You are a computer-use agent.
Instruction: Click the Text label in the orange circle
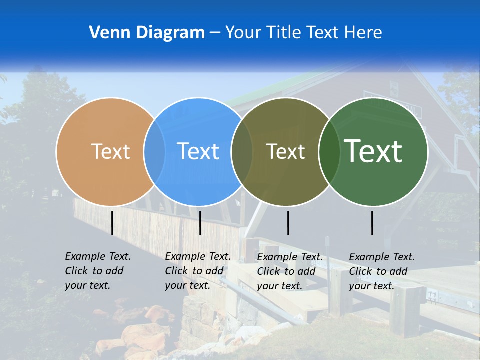(x=110, y=151)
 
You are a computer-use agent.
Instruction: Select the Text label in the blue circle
(x=198, y=151)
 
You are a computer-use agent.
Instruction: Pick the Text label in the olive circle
(x=285, y=151)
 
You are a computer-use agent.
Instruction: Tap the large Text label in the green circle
(x=373, y=151)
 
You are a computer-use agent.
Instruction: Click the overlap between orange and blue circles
(x=154, y=151)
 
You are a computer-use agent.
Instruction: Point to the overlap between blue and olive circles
(x=242, y=151)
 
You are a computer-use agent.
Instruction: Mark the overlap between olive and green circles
(x=329, y=151)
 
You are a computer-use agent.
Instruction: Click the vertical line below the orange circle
(x=112, y=223)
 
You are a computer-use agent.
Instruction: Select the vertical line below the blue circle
(x=200, y=223)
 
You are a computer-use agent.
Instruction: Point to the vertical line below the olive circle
(x=288, y=223)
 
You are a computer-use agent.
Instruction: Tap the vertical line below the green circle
(x=372, y=223)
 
